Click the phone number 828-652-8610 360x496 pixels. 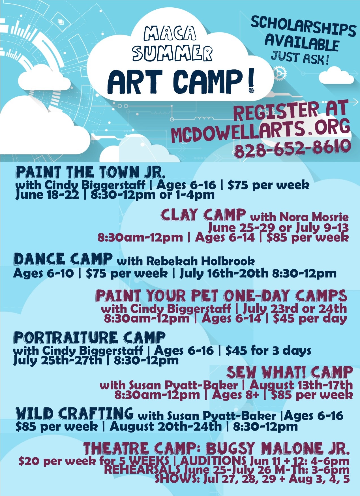(x=292, y=148)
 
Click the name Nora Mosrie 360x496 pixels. (x=314, y=217)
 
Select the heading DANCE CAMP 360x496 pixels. (x=63, y=259)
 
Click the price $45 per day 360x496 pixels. (x=310, y=318)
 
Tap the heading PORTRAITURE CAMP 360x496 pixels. (x=89, y=337)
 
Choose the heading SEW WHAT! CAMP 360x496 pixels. (x=290, y=372)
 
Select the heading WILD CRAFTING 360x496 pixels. (x=75, y=413)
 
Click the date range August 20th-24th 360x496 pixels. (x=166, y=426)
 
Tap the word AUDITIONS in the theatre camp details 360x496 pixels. (x=213, y=460)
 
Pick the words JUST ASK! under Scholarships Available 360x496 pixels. (x=300, y=58)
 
